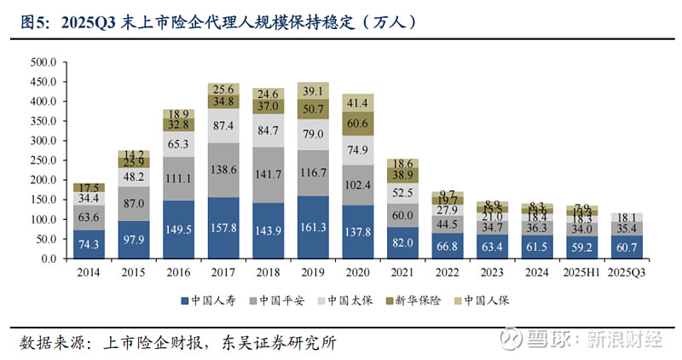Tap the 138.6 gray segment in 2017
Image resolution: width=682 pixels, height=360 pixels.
[x=223, y=171]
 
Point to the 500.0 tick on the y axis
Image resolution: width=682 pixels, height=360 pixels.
[x=42, y=62]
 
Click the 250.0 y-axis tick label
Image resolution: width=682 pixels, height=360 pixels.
[x=42, y=160]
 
